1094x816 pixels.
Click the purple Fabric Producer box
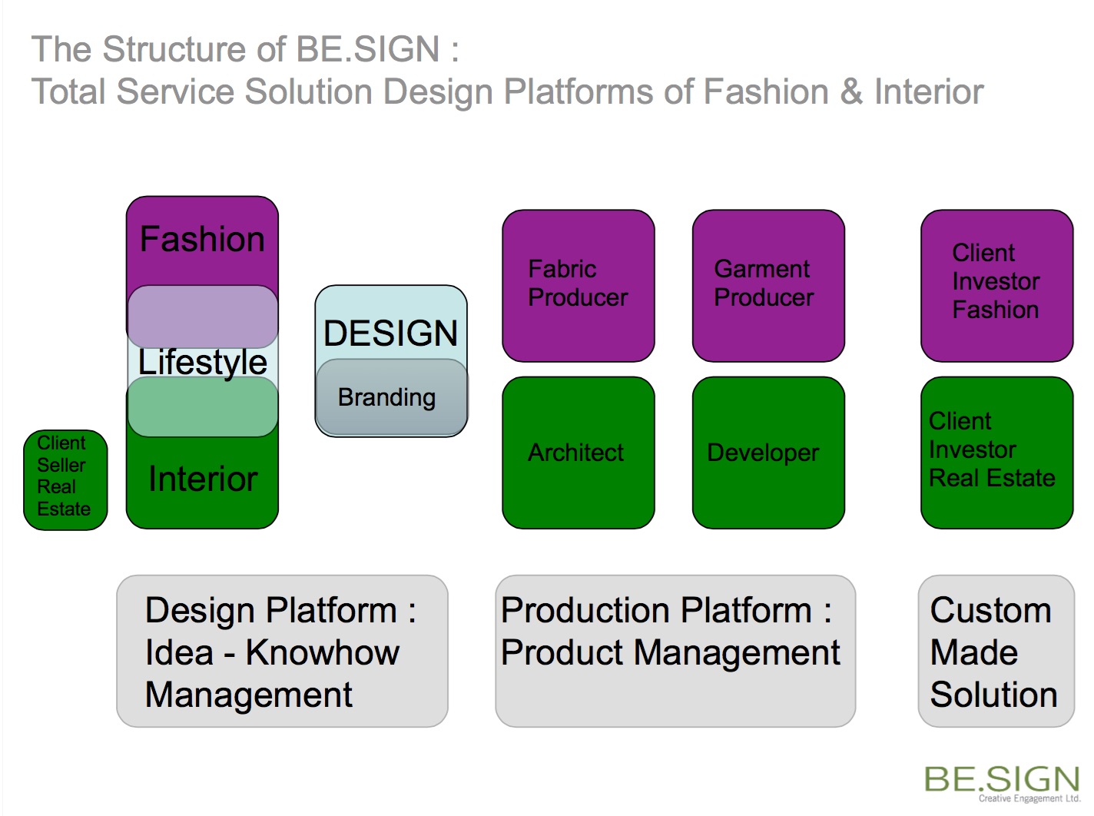pyautogui.click(x=578, y=286)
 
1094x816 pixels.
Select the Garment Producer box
pyautogui.click(x=768, y=286)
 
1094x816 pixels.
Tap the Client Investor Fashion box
pyautogui.click(x=996, y=286)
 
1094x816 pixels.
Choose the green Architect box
pyautogui.click(x=578, y=453)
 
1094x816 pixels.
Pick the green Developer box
pyautogui.click(x=768, y=453)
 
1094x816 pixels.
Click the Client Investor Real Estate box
pyautogui.click(x=996, y=453)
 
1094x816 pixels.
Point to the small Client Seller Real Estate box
pyautogui.click(x=65, y=480)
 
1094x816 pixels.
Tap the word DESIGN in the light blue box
pyautogui.click(x=391, y=333)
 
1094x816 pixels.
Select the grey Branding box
pyautogui.click(x=391, y=397)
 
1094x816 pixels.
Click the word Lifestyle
pyautogui.click(x=202, y=363)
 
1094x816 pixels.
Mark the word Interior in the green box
pyautogui.click(x=203, y=479)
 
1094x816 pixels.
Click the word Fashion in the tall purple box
pyautogui.click(x=202, y=239)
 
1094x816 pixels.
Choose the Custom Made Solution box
pyautogui.click(x=996, y=651)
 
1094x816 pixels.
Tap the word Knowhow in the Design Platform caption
pyautogui.click(x=323, y=652)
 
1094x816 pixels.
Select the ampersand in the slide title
pyautogui.click(x=851, y=91)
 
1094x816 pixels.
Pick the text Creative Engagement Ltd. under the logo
pyautogui.click(x=1029, y=799)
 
